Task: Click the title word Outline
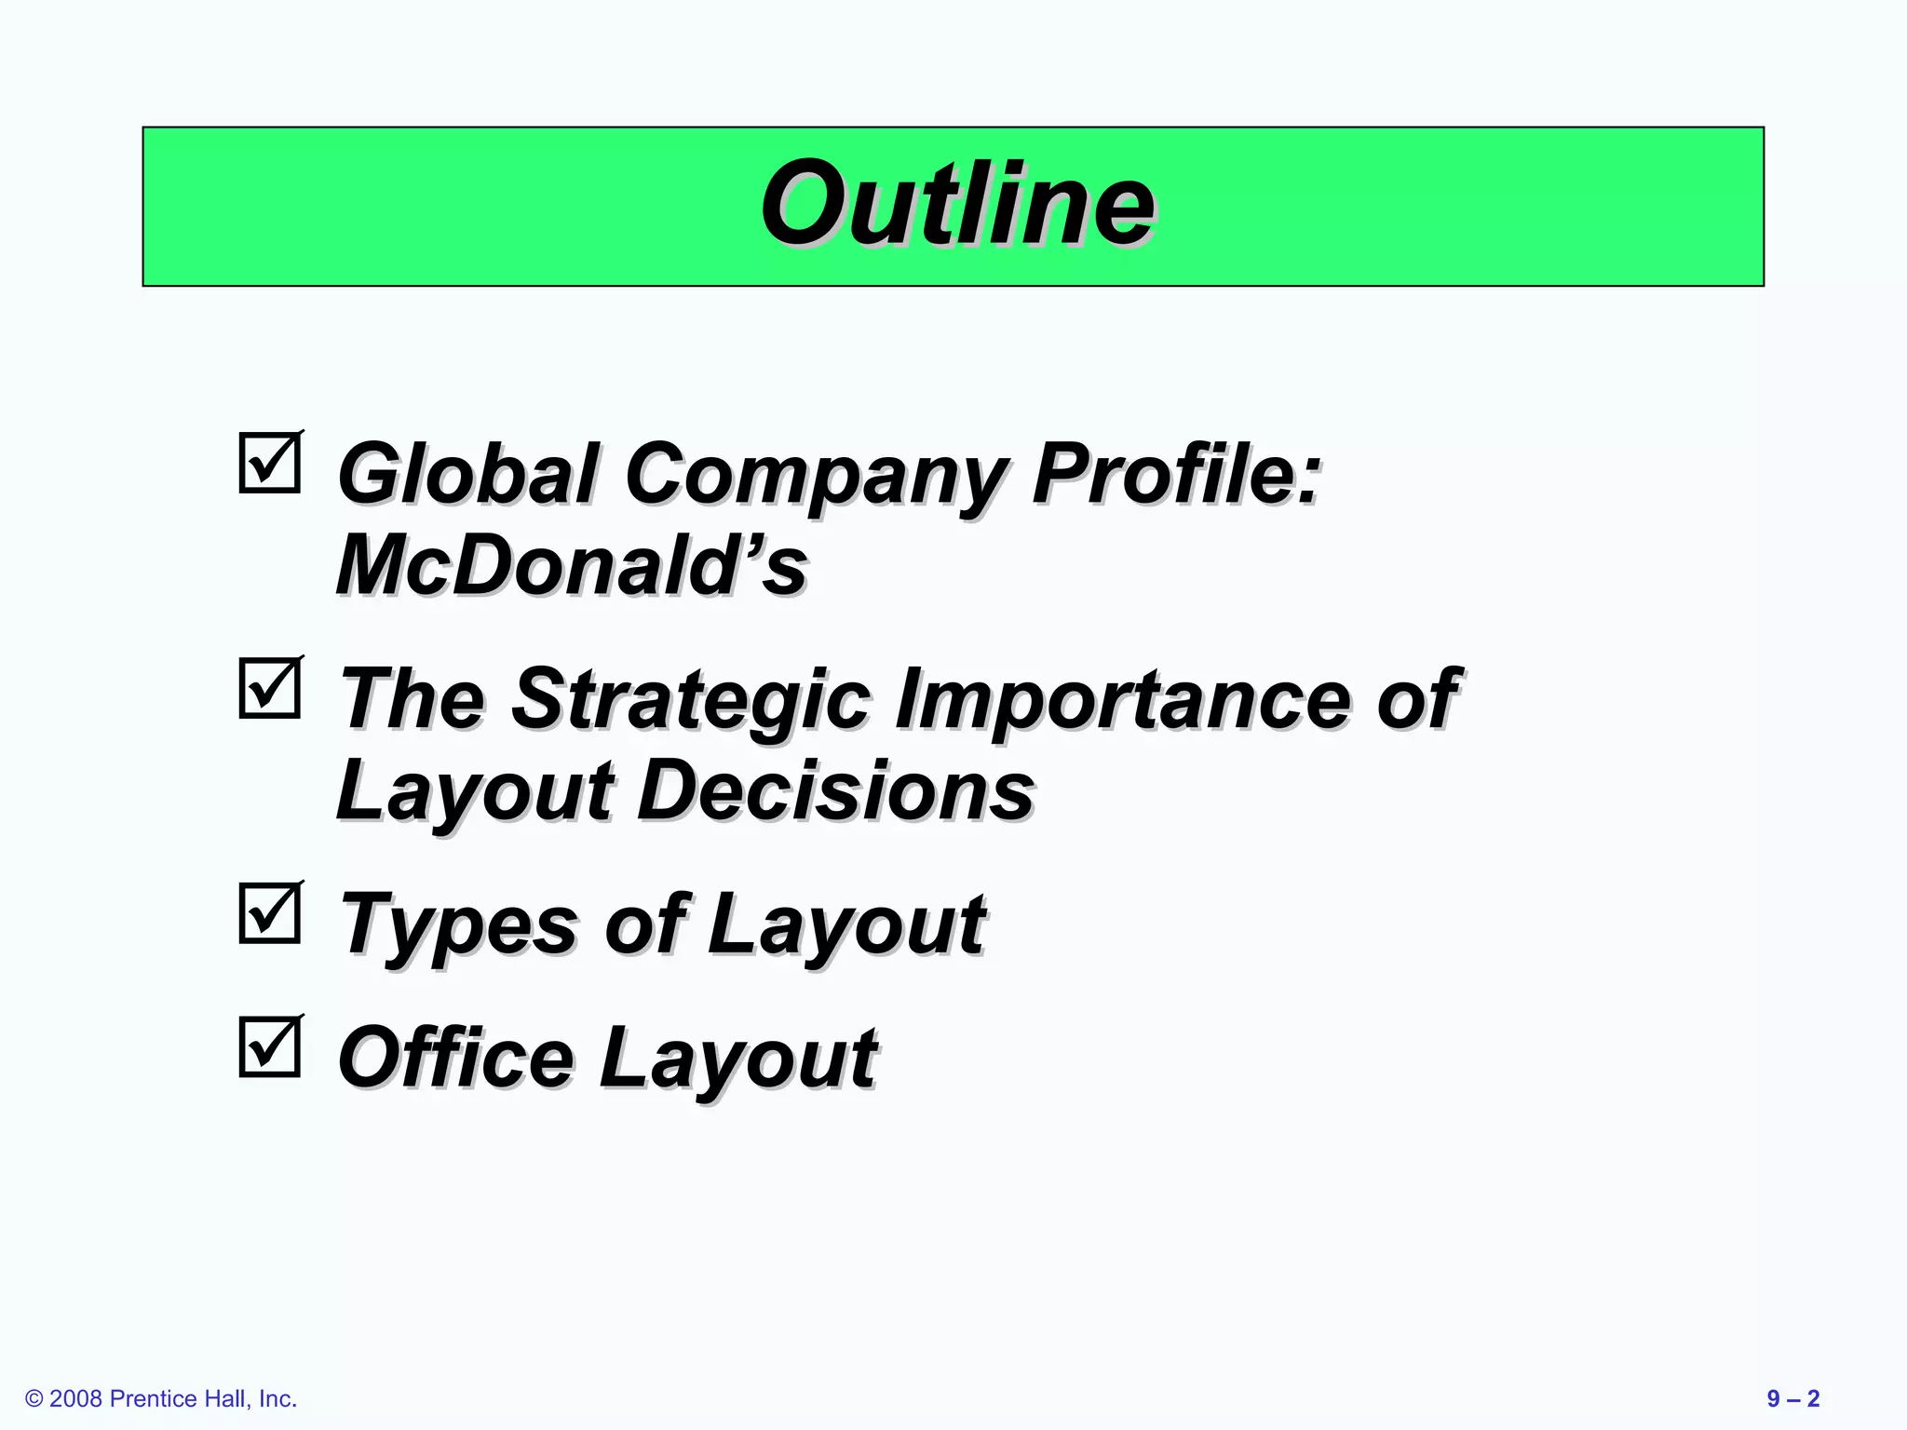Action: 957,204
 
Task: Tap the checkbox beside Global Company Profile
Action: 270,463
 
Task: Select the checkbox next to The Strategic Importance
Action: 270,689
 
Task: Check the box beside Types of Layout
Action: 270,913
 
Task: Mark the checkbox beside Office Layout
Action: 270,1047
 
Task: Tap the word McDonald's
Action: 571,565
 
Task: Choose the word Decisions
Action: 835,790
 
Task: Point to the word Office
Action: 455,1058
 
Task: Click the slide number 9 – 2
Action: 1792,1398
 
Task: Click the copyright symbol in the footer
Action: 34,1399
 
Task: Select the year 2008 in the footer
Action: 75,1398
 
